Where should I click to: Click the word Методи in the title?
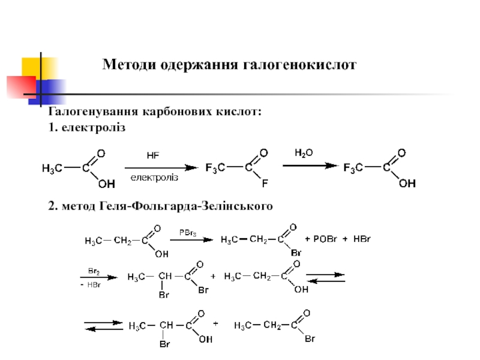click(x=128, y=64)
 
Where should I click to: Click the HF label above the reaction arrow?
click(x=153, y=155)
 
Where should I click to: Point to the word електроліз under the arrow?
click(x=155, y=178)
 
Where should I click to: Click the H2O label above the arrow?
click(x=303, y=152)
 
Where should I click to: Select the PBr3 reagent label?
click(x=188, y=232)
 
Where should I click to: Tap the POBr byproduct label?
click(x=326, y=239)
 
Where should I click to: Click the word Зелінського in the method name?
click(x=240, y=206)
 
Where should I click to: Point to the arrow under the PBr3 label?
click(x=191, y=239)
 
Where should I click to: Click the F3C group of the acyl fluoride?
click(x=215, y=168)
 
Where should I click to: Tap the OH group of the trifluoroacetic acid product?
click(x=407, y=184)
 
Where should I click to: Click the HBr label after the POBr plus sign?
click(x=362, y=239)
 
